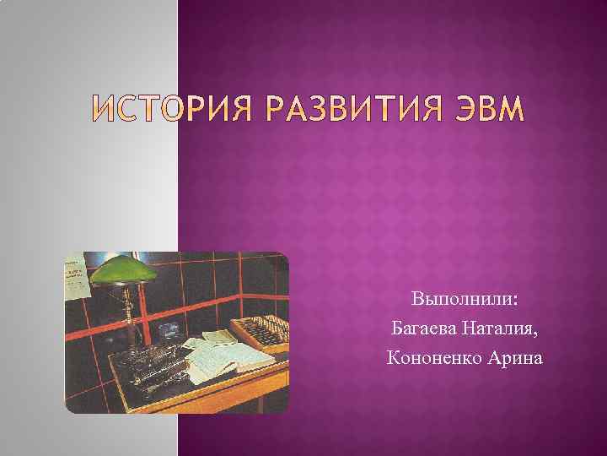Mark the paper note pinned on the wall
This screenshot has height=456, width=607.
pyautogui.click(x=78, y=275)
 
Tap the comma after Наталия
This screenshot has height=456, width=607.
pyautogui.click(x=534, y=333)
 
